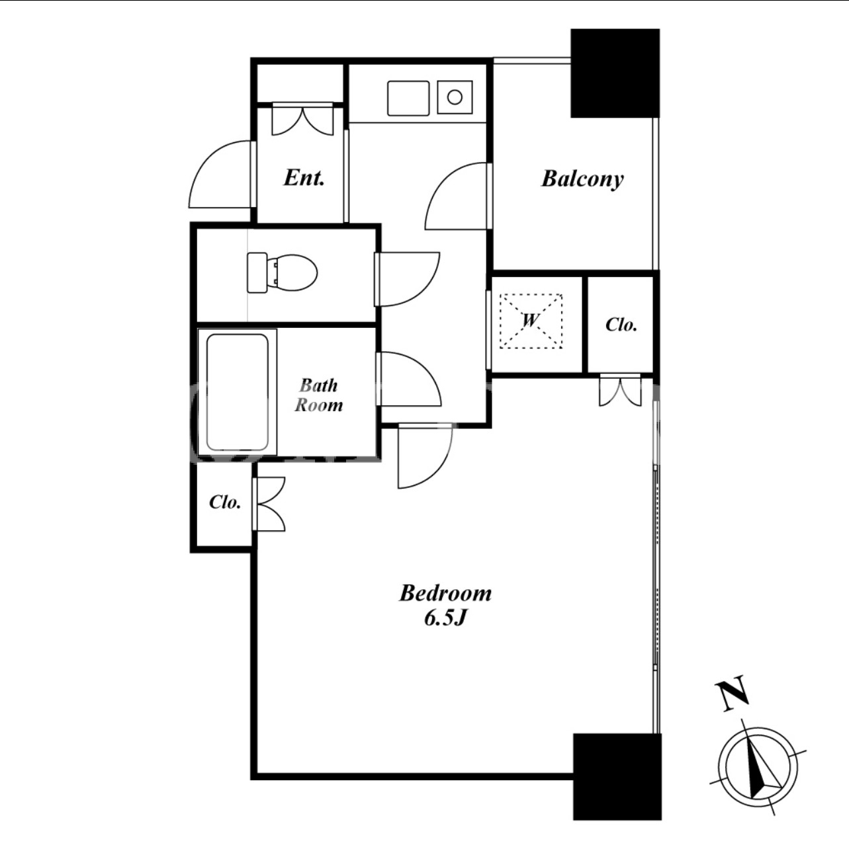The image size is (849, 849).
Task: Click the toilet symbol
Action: coord(282,272)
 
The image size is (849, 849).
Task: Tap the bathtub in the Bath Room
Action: coord(238,392)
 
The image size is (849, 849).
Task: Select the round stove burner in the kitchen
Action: coord(455,97)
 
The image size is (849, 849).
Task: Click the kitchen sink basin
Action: coord(408,98)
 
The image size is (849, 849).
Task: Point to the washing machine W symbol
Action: coord(531,321)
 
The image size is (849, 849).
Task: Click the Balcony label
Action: coord(582,179)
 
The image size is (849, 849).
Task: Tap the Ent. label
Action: coord(304,178)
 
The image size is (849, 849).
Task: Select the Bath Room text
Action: coord(318,395)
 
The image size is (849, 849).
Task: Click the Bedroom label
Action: coord(445,593)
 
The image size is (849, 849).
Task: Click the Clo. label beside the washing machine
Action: coord(621,325)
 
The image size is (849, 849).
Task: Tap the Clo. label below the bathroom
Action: coord(225,502)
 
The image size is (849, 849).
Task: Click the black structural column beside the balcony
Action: coord(615,73)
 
